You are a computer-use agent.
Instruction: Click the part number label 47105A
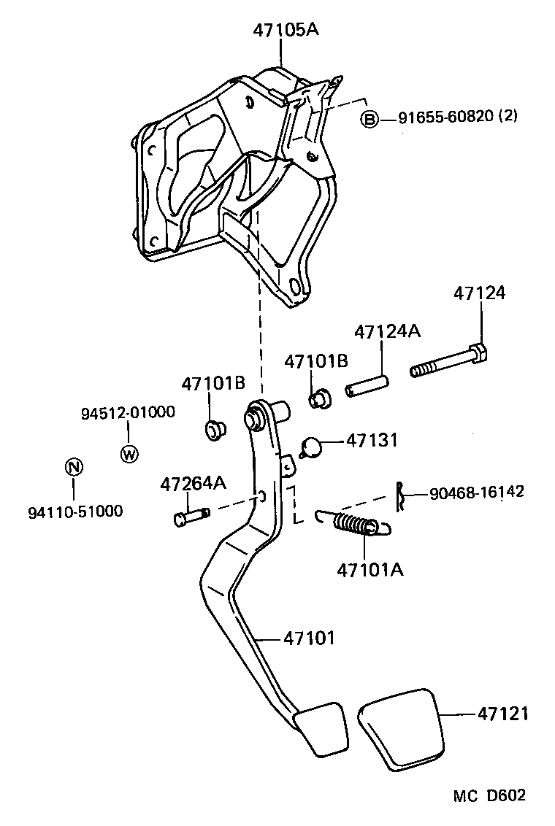click(286, 30)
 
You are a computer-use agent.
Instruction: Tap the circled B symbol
click(370, 118)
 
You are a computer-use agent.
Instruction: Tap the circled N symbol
click(74, 467)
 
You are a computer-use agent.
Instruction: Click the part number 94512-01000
click(127, 412)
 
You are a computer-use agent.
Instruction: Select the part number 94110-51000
click(75, 512)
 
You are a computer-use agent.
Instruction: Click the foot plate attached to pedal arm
click(321, 727)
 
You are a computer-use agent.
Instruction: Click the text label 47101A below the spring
click(370, 568)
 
